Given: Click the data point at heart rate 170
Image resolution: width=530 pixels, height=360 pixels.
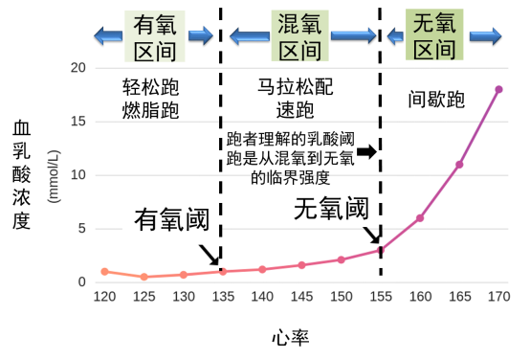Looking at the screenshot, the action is coord(498,89).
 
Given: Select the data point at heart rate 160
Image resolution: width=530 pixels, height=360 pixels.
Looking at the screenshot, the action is coord(420,218).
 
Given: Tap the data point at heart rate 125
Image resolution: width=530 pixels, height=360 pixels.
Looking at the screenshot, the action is coord(144,277).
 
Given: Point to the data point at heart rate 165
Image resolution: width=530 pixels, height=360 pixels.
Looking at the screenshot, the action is coord(459,165).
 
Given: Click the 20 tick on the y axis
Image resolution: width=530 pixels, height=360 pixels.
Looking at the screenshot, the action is coord(78,69).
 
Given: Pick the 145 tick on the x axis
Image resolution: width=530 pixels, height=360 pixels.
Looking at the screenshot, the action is coord(301,297).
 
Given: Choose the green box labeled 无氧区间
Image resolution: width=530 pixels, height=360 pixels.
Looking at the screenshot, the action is coord(433,35).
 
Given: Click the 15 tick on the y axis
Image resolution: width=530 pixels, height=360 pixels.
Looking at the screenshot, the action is coord(78,123).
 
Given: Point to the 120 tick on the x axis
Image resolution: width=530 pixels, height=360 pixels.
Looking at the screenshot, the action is coord(104,297).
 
